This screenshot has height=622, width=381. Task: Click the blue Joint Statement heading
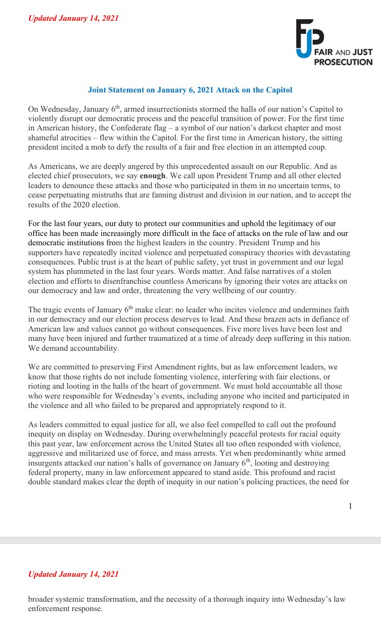[190, 90]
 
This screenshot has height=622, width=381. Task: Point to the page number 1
[350, 506]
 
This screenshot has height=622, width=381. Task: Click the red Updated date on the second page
[73, 574]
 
